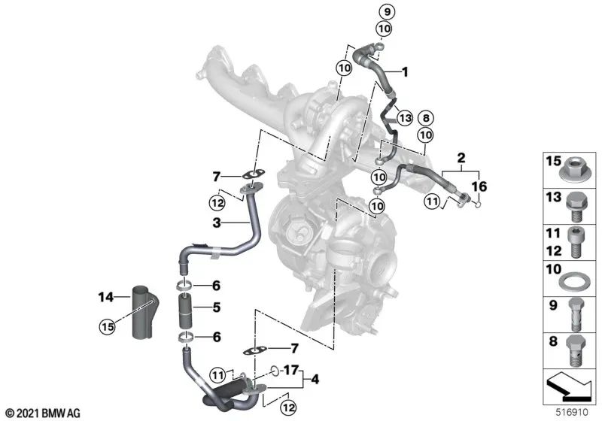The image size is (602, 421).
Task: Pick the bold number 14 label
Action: (x=105, y=298)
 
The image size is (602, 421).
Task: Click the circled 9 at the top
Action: (x=384, y=12)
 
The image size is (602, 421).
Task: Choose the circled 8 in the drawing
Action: (x=425, y=118)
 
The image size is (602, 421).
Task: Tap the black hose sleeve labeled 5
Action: (x=186, y=308)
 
